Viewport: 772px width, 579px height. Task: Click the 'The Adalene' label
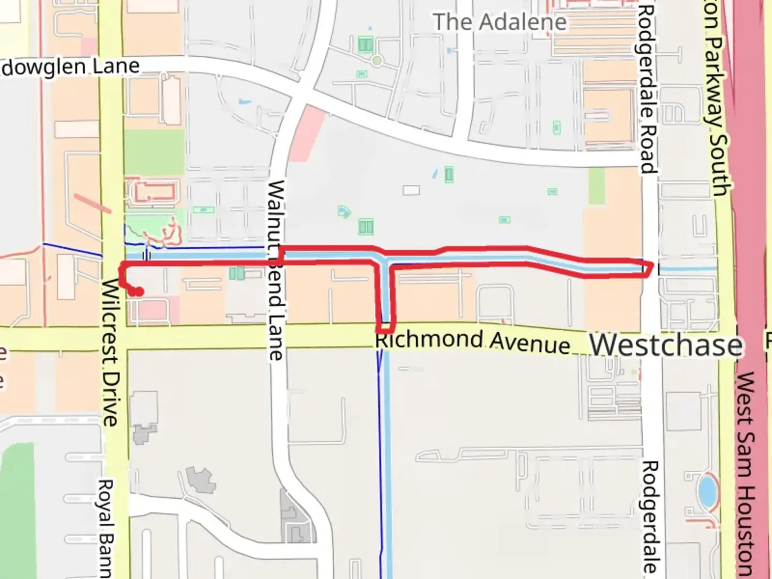pos(499,23)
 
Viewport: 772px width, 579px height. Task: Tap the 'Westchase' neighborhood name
pos(666,345)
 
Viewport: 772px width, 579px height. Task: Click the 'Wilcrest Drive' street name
pos(110,352)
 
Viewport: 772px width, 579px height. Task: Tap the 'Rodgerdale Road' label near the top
pos(647,89)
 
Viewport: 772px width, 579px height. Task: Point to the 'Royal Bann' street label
pos(105,528)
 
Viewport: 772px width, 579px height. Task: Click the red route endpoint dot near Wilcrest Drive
pos(138,292)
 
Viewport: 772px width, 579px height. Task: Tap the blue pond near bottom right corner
pos(707,491)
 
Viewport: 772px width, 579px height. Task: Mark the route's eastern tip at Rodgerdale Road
pos(651,268)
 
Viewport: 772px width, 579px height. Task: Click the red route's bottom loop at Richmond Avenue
pos(386,327)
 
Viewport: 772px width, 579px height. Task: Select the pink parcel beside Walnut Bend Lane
pos(306,133)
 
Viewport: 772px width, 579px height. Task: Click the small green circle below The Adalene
pos(377,61)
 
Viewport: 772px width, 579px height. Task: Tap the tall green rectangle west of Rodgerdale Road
pos(596,186)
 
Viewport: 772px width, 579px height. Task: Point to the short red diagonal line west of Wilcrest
pos(92,204)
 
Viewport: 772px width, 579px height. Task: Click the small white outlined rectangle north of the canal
pos(411,190)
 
